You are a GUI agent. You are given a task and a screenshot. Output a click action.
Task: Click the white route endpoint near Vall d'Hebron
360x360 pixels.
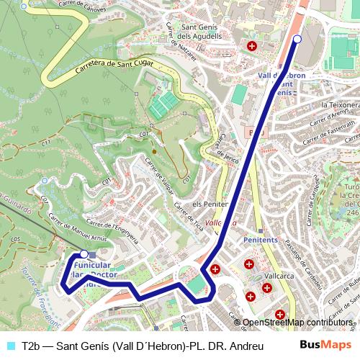[297, 40]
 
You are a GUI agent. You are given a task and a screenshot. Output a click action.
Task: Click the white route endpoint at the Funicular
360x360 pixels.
[84, 254]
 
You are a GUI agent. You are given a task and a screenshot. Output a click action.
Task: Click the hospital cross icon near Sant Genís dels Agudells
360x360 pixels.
[251, 46]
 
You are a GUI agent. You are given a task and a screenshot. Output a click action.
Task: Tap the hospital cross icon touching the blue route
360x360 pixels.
[215, 270]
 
